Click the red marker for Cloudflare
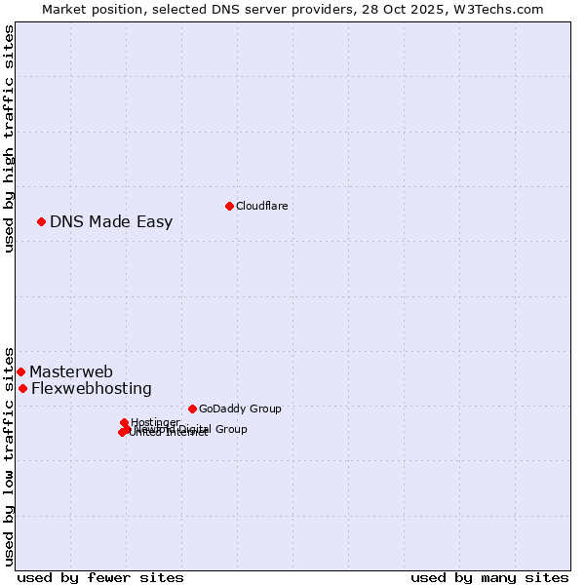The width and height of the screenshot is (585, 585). [229, 206]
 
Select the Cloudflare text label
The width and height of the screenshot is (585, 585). [261, 206]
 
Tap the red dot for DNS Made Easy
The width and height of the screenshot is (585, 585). [41, 221]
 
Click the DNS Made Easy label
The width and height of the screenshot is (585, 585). [111, 221]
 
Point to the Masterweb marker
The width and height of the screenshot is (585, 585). [20, 371]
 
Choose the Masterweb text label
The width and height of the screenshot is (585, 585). [71, 371]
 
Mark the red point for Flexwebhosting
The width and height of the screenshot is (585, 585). [22, 388]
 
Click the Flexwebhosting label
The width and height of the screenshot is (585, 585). [92, 388]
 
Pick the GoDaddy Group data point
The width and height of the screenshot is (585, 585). [192, 409]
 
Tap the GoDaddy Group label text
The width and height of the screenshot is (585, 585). [240, 409]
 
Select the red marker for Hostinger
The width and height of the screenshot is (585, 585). [124, 422]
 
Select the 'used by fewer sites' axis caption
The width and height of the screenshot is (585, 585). [100, 577]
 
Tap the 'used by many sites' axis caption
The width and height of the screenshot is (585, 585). [489, 577]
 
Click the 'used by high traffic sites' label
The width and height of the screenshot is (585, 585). [9, 138]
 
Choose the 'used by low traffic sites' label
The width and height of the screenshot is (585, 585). [9, 455]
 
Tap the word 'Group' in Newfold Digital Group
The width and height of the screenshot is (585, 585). [230, 429]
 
